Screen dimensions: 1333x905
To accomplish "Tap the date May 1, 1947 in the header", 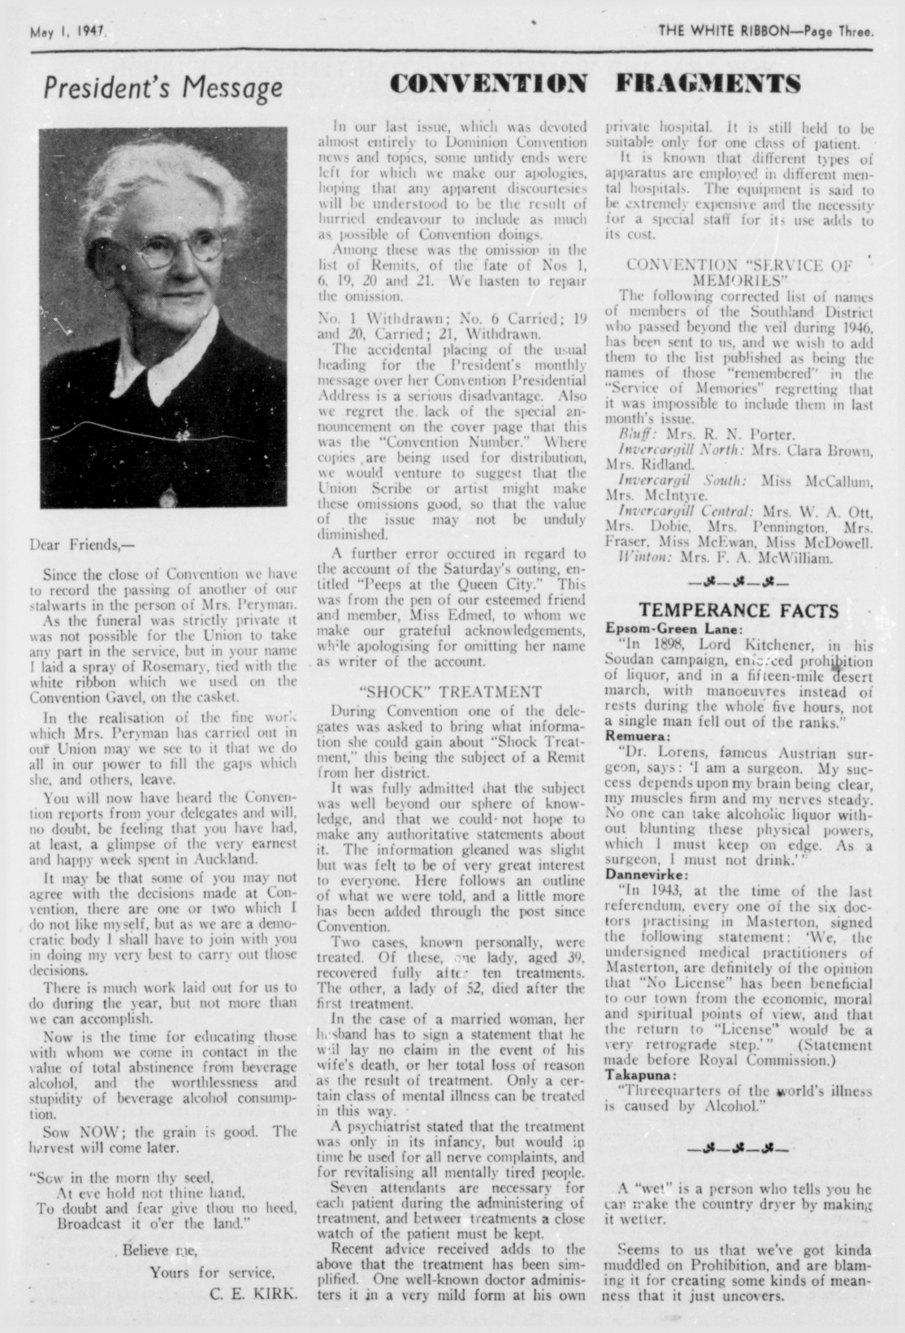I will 69,35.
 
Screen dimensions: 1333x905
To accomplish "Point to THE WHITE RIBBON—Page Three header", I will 767,34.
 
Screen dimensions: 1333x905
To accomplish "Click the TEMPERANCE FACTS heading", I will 739,611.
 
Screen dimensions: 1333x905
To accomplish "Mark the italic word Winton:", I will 642,558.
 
